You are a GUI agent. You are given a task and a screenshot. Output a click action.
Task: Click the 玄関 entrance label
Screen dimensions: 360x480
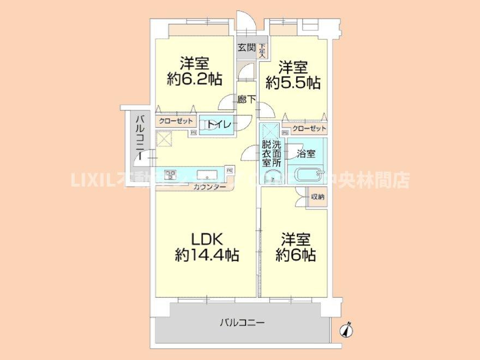(x=247, y=47)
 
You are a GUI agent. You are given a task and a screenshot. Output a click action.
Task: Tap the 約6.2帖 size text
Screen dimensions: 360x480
(x=194, y=80)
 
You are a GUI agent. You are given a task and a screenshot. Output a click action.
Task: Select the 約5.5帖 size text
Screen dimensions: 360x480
(x=293, y=83)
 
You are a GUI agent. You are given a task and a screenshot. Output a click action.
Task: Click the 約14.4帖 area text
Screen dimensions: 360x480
(x=207, y=254)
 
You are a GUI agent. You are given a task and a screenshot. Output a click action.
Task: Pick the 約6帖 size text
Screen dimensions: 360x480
(x=296, y=255)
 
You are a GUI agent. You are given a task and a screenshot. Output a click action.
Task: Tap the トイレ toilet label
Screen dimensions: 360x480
(x=218, y=125)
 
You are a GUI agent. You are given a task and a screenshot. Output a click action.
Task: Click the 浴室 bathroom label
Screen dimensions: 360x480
(x=305, y=154)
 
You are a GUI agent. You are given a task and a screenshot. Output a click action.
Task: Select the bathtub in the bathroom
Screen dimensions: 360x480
(x=309, y=176)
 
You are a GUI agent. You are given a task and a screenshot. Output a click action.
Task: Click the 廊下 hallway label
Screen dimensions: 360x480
(x=247, y=99)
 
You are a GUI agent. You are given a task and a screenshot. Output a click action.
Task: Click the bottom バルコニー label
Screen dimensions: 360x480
(x=242, y=323)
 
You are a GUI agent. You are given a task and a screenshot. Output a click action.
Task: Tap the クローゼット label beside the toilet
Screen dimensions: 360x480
(x=174, y=122)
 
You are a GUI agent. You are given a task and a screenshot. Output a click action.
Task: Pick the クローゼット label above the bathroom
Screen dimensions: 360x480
(x=309, y=129)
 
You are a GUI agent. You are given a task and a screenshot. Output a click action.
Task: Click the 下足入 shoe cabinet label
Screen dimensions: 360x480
(x=262, y=51)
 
